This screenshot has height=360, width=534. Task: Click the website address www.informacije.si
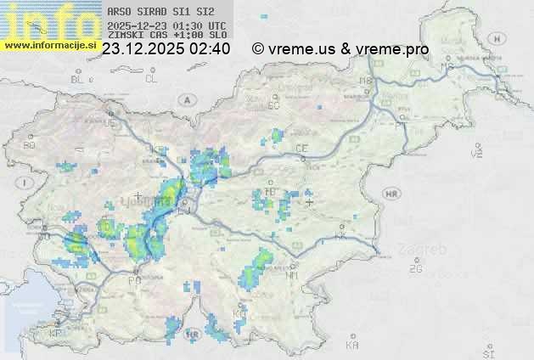[x=48, y=45]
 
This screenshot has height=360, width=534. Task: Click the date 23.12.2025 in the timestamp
[x=141, y=49]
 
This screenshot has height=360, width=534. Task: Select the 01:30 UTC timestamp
[x=201, y=26]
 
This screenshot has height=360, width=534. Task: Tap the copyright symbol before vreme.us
[x=258, y=49]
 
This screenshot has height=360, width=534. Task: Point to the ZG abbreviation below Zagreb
[x=415, y=269]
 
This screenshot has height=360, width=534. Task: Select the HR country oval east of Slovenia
[x=391, y=194]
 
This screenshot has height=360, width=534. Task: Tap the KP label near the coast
[x=56, y=333]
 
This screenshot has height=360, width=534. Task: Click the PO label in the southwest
[x=134, y=280]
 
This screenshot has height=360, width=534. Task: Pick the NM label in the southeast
[x=293, y=275]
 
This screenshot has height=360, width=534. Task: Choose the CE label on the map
[x=301, y=149]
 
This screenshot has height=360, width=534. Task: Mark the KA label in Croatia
[x=352, y=345]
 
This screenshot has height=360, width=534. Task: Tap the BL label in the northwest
[x=78, y=79]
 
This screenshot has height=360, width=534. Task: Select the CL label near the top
[x=151, y=79]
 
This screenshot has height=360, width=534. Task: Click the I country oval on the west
[x=26, y=183]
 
